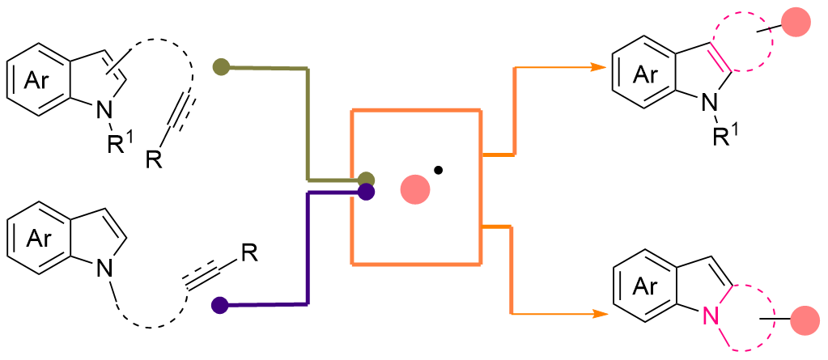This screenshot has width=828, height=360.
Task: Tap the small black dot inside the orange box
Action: pyautogui.click(x=438, y=170)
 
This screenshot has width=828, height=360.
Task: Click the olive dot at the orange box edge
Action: pyautogui.click(x=366, y=179)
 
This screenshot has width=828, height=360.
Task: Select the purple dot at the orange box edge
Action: pyautogui.click(x=366, y=192)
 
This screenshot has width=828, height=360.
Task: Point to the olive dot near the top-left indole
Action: pyautogui.click(x=219, y=67)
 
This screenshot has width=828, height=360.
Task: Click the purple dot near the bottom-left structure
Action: pyautogui.click(x=219, y=305)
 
